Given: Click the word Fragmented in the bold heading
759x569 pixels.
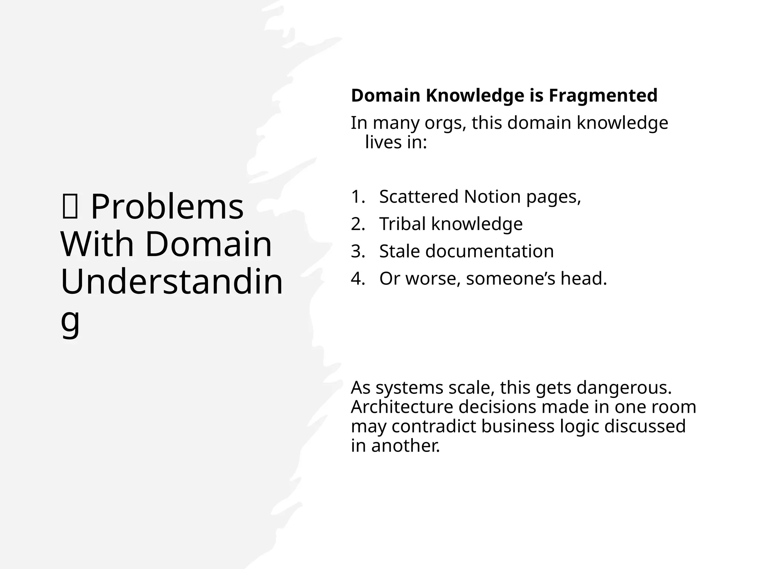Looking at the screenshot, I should coord(603,96).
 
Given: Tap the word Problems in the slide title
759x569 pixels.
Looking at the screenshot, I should coord(167,207).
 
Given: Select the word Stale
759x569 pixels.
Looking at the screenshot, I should coord(400,252).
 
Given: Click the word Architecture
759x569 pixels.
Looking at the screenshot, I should coord(402,407).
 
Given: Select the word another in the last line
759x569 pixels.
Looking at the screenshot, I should coord(405,446).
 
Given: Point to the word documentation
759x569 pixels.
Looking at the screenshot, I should coord(489,252).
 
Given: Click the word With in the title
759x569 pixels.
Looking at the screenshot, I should coord(97,244).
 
